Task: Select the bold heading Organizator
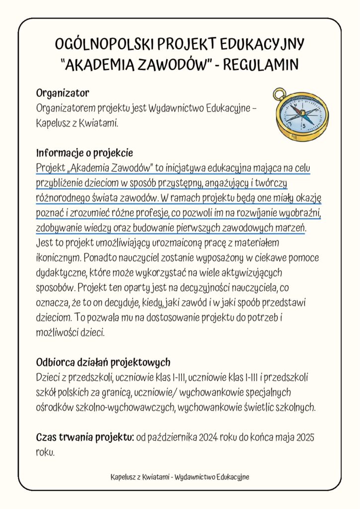pyautogui.click(x=62, y=93)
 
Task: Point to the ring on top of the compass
pyautogui.click(x=280, y=93)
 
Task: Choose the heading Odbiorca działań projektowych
pyautogui.click(x=103, y=361)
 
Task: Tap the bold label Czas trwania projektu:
pyautogui.click(x=85, y=437)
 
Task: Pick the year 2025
pyautogui.click(x=306, y=437)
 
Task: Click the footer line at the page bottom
pyautogui.click(x=180, y=477)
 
